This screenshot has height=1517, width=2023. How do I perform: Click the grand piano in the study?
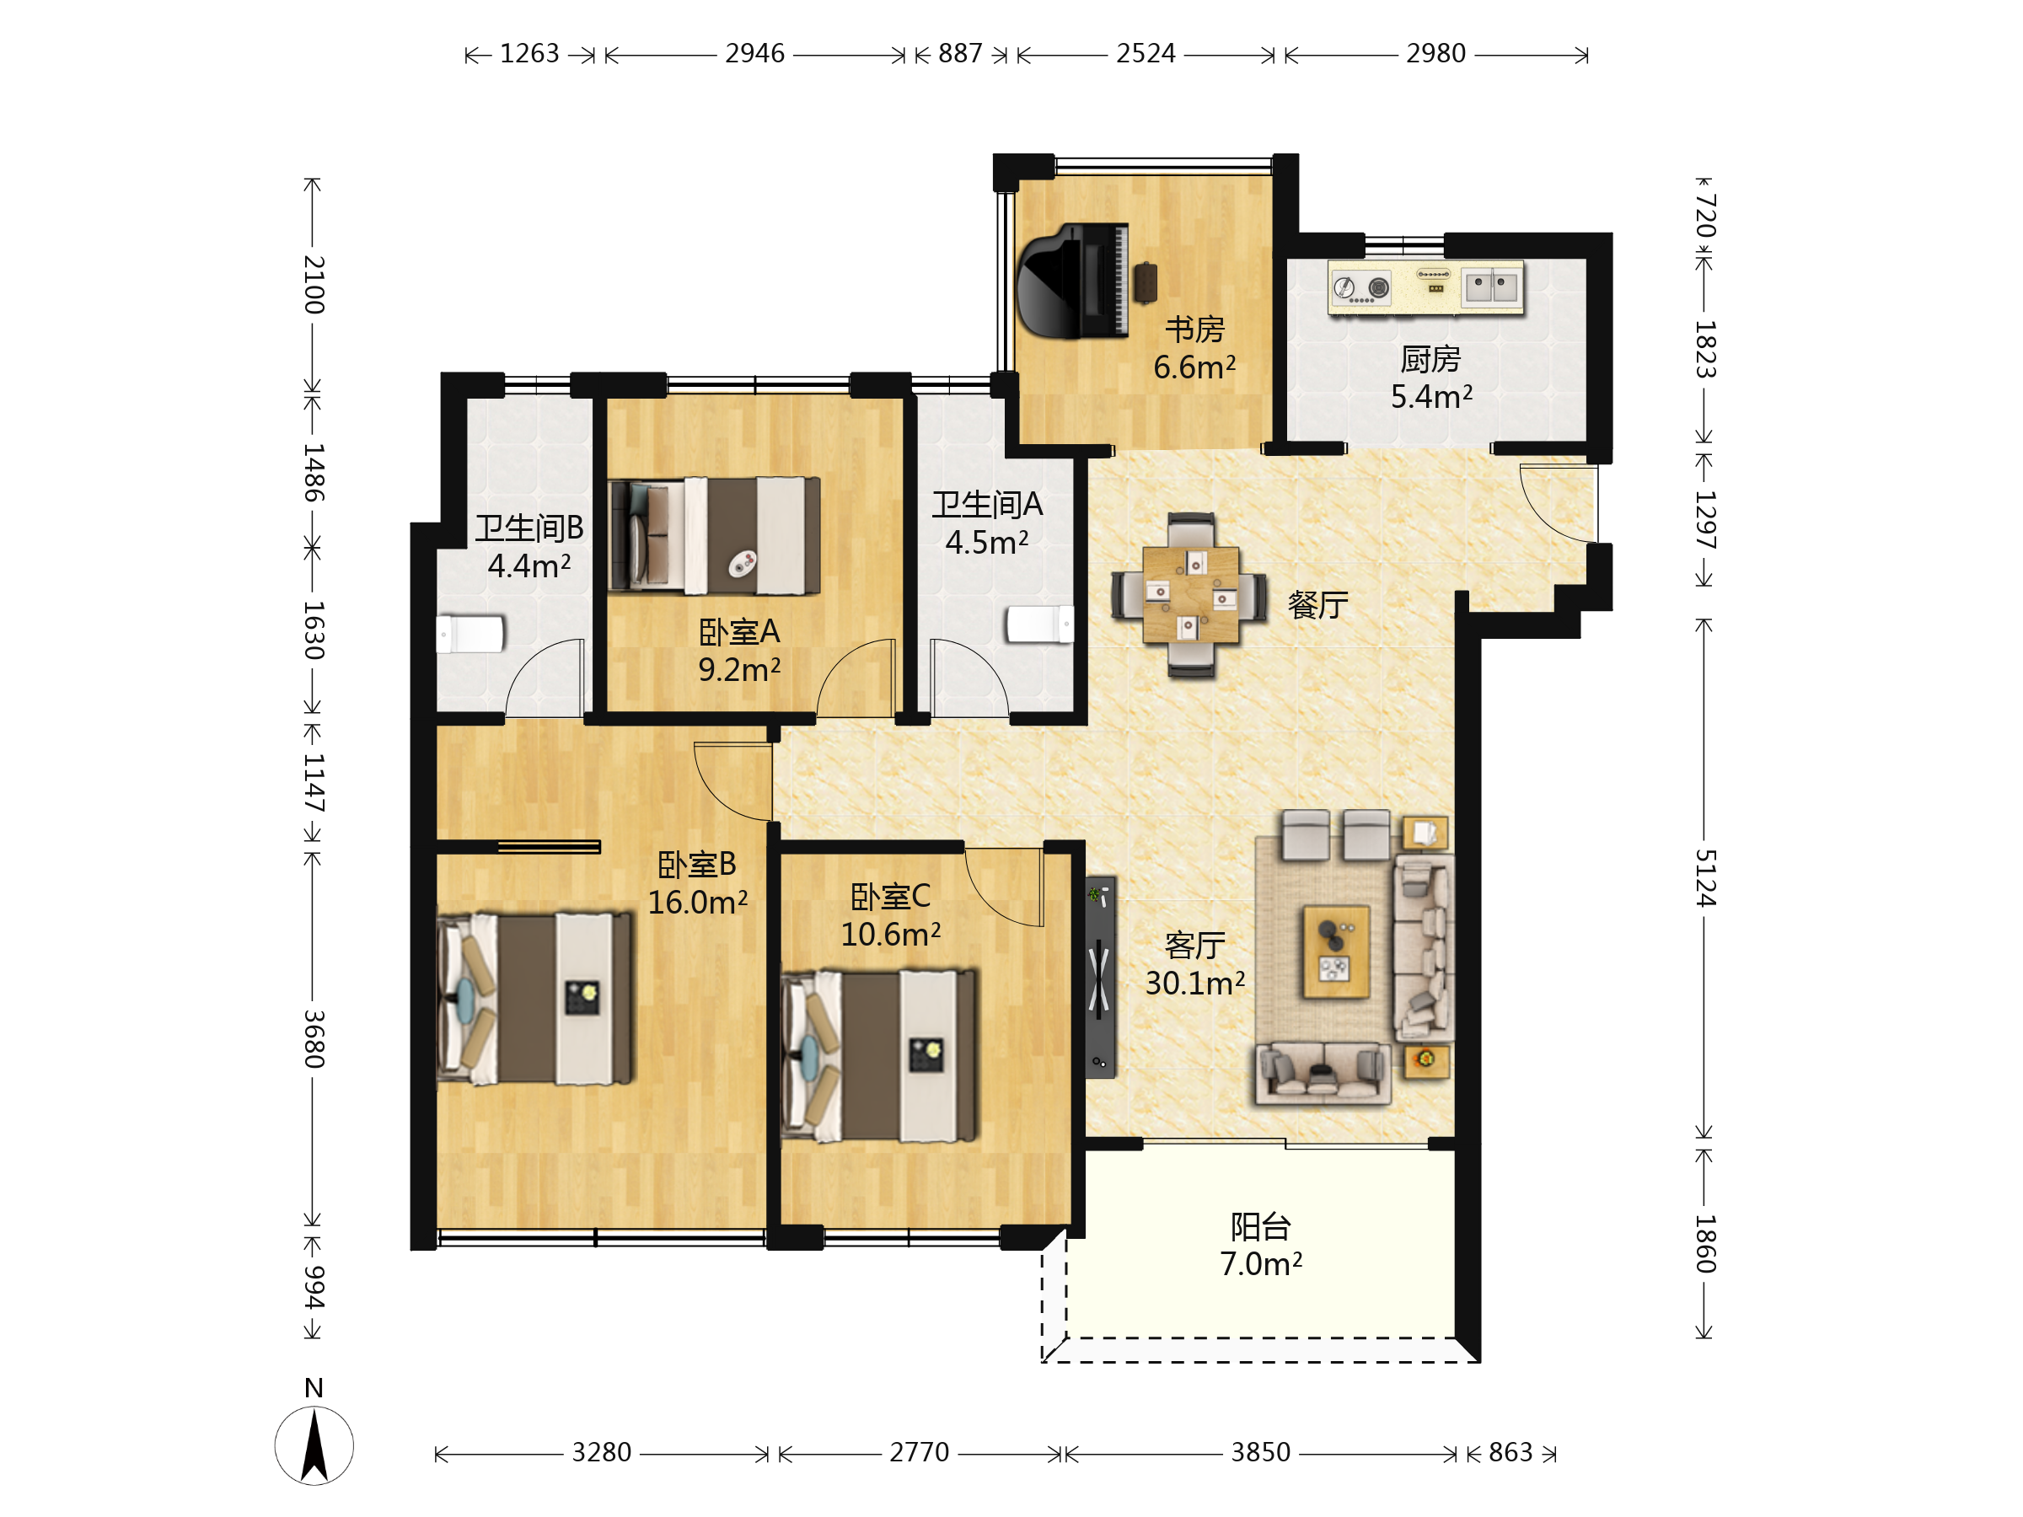pyautogui.click(x=1072, y=281)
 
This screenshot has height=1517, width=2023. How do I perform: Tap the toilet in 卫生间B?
pyautogui.click(x=470, y=634)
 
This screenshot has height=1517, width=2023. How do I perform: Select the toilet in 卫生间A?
pyautogui.click(x=1040, y=624)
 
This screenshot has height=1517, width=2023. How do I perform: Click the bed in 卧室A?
pyautogui.click(x=714, y=536)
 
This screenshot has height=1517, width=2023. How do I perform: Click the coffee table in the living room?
pyautogui.click(x=1336, y=951)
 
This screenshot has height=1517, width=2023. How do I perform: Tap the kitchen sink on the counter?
pyautogui.click(x=1492, y=287)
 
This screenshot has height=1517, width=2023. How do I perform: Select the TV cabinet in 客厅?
pyautogui.click(x=1100, y=978)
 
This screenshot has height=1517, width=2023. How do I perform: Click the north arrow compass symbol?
pyautogui.click(x=314, y=1445)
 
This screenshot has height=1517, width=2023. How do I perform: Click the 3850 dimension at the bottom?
pyautogui.click(x=1260, y=1452)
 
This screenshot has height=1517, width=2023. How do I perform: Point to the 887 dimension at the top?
pyautogui.click(x=960, y=54)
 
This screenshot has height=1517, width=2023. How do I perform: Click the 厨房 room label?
pyautogui.click(x=1431, y=359)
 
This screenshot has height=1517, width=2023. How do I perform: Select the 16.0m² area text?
pyautogui.click(x=698, y=903)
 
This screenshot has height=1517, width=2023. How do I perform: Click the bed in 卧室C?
pyautogui.click(x=879, y=1056)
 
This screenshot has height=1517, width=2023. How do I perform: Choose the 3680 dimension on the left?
pyautogui.click(x=314, y=1039)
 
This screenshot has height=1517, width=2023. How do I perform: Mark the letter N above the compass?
pyautogui.click(x=314, y=1388)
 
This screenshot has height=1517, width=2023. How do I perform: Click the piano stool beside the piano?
pyautogui.click(x=1145, y=281)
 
